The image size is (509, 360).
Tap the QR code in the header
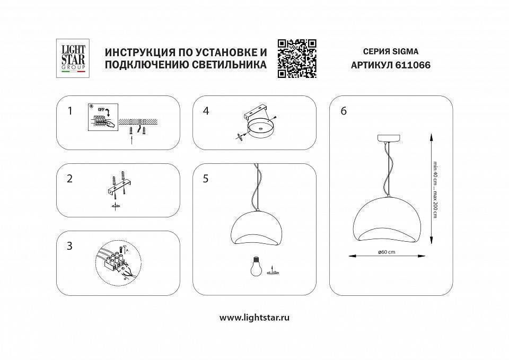point(297,58)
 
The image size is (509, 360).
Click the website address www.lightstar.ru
point(254,318)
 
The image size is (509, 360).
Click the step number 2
point(69,179)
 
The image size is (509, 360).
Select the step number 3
point(69,246)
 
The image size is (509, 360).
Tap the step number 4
point(206,111)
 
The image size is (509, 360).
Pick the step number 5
point(206,179)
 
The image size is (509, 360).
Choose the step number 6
point(344,111)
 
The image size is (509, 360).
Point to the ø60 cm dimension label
point(387,252)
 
